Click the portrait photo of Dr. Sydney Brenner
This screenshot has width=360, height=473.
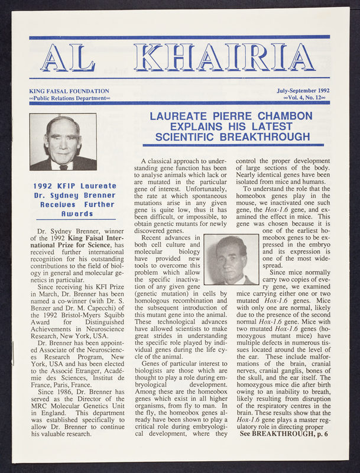coord(63,142)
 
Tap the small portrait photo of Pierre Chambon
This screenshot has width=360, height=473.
coord(231,259)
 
